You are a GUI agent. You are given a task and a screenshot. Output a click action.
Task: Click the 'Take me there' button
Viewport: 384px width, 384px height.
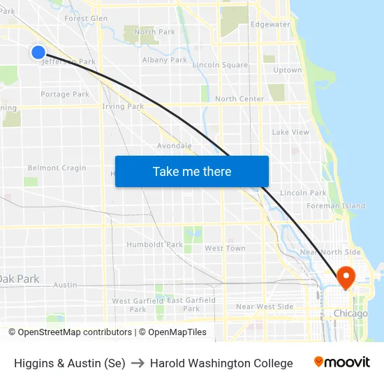[x=192, y=171]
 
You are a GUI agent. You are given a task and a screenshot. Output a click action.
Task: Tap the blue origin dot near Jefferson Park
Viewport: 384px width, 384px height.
[x=38, y=52]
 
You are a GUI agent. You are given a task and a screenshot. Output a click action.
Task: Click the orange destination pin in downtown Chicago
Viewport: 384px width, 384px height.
[x=346, y=278]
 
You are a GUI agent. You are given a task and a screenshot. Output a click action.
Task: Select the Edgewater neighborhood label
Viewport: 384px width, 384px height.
[x=270, y=24]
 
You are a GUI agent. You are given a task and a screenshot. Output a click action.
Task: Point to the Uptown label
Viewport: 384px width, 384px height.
[x=288, y=70]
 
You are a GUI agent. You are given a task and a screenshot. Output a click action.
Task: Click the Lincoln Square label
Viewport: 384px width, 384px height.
[x=220, y=65]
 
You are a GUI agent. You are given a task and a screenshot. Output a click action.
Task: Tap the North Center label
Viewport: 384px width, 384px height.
[x=239, y=98]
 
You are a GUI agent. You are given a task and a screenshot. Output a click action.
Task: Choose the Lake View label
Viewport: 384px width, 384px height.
[x=290, y=132]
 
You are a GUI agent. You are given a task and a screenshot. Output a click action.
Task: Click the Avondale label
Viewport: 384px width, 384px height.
[x=175, y=146]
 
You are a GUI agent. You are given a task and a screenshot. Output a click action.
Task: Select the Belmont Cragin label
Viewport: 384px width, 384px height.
[x=57, y=168]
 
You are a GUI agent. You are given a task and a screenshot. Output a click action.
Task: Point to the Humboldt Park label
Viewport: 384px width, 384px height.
[x=154, y=244]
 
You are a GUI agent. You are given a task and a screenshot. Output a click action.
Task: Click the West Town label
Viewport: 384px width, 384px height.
[x=225, y=249]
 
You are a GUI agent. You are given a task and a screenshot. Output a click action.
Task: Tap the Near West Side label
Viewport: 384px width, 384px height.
[x=265, y=307]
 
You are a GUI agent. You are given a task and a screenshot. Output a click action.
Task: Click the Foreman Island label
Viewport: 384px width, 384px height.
[x=336, y=206]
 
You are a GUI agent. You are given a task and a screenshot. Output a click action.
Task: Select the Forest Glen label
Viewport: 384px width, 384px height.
[x=86, y=18]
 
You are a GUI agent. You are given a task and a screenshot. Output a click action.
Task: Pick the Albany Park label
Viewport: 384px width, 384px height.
[x=165, y=60]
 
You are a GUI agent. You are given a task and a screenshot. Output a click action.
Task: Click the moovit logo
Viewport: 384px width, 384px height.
[x=341, y=362]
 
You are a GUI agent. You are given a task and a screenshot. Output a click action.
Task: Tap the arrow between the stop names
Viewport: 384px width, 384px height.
[x=138, y=363]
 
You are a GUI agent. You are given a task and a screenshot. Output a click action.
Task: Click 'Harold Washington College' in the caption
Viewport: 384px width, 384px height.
[x=221, y=363]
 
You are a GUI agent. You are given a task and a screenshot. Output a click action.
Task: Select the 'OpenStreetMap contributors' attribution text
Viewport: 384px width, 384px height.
[x=71, y=332]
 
